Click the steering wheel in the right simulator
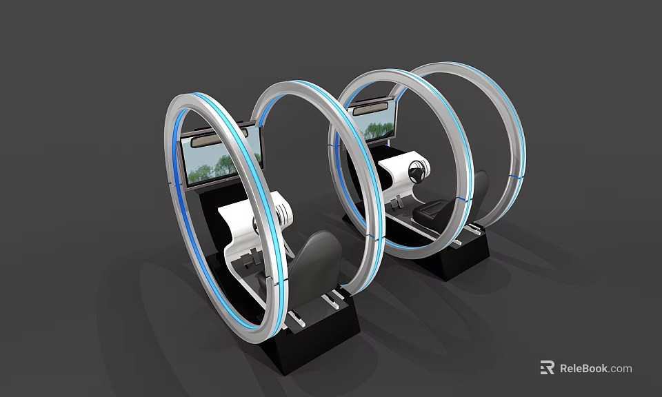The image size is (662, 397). point(416,172)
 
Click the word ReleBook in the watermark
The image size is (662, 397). point(583,368)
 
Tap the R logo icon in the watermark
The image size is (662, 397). point(547,368)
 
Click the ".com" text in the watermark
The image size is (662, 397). point(621,368)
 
